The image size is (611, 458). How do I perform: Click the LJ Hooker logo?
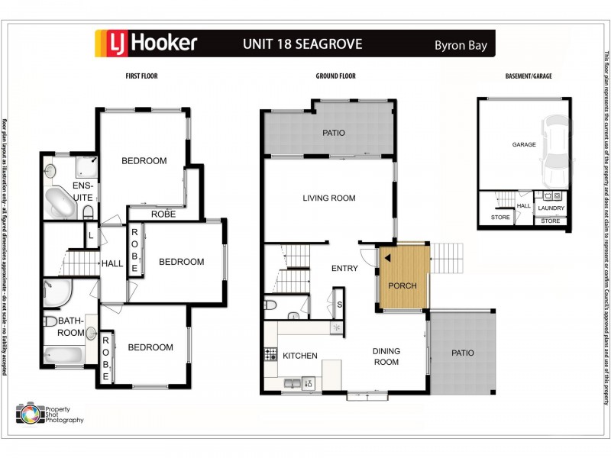(146, 44)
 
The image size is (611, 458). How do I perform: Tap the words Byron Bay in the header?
(458, 44)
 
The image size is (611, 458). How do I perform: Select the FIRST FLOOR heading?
(142, 76)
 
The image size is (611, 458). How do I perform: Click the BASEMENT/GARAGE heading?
(529, 76)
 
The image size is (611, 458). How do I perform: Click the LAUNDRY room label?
(551, 208)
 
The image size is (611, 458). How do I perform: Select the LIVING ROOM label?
(329, 198)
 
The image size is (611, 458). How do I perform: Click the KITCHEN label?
(300, 356)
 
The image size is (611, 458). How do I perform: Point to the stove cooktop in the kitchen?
(270, 353)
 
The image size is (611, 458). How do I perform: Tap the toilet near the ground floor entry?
(270, 306)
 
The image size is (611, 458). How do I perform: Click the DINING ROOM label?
(386, 356)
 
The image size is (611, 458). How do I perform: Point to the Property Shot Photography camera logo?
(30, 413)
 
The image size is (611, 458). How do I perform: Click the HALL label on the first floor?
(112, 263)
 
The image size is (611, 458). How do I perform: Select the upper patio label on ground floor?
(334, 133)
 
